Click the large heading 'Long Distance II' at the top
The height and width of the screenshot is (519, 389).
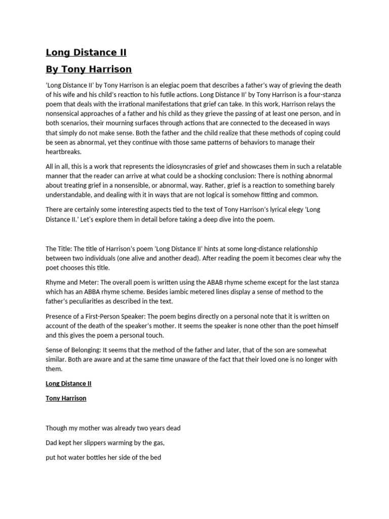coord(86,52)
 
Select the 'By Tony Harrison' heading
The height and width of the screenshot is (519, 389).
coord(89,69)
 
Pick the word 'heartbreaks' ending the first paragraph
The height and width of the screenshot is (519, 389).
coord(63,152)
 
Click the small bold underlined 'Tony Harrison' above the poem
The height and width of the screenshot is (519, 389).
coord(66,398)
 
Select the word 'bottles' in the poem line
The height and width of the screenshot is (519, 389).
coord(100,457)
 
